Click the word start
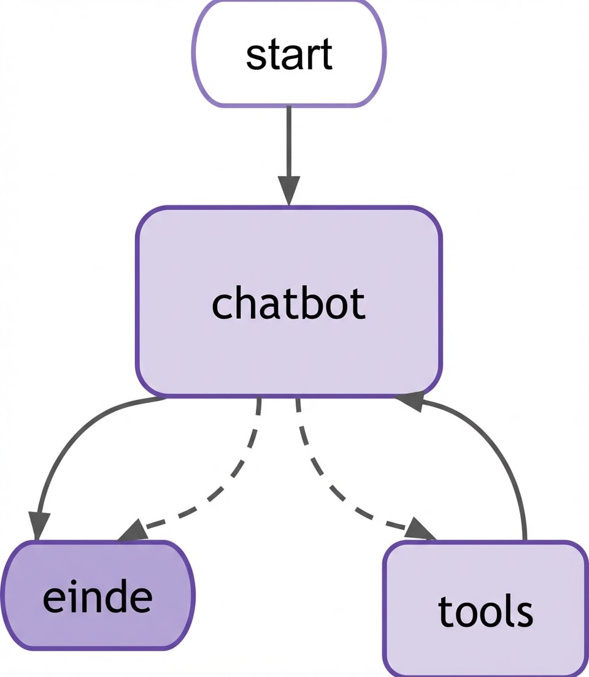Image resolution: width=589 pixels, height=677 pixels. click(x=289, y=54)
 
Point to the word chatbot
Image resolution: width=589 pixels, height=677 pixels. click(x=288, y=304)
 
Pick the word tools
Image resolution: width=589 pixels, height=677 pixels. click(x=485, y=611)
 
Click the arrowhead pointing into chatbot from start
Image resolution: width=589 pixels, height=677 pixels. click(x=288, y=190)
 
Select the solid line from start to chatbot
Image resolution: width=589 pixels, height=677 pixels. click(x=288, y=141)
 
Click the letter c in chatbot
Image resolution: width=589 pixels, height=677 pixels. click(x=221, y=305)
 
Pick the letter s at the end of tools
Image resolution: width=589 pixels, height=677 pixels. click(x=525, y=612)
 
